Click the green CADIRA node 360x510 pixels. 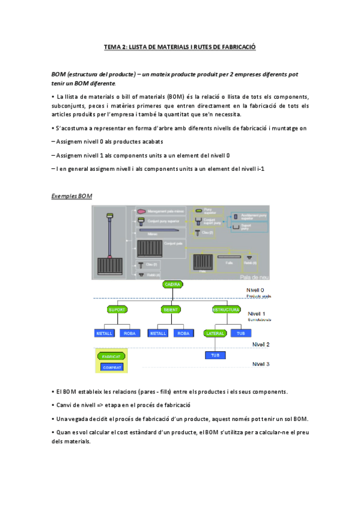(172, 284)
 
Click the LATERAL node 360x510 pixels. (215, 333)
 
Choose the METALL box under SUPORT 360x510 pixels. (105, 333)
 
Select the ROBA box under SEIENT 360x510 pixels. (183, 333)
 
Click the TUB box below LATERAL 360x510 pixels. (215, 355)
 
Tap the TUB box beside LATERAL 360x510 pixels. (240, 333)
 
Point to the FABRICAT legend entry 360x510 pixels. (111, 356)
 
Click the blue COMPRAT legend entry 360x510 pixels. (112, 367)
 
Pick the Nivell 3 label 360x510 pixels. (261, 364)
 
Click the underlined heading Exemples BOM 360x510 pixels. (72, 196)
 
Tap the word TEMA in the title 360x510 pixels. (112, 46)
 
